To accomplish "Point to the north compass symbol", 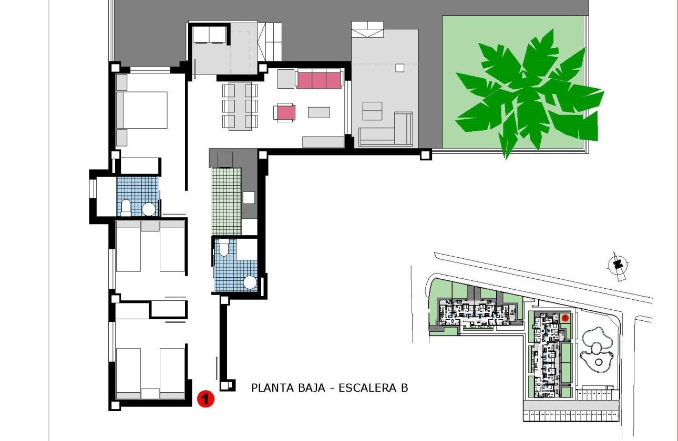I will pyautogui.click(x=619, y=264).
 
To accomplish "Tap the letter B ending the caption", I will pyautogui.click(x=404, y=388).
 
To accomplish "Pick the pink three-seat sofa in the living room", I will pyautogui.click(x=319, y=80).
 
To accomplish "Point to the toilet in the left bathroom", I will pyautogui.click(x=126, y=207).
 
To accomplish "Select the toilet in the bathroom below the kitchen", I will pyautogui.click(x=224, y=248).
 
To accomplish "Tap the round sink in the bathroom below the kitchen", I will pyautogui.click(x=250, y=283).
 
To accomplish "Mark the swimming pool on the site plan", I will pyautogui.click(x=597, y=346).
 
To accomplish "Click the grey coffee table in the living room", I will pyautogui.click(x=319, y=112).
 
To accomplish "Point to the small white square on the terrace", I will pyautogui.click(x=399, y=67).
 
